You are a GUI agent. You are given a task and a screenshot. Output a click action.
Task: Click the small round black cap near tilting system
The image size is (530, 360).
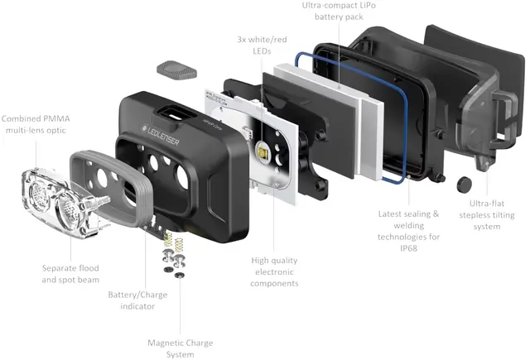tap(462, 182)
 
